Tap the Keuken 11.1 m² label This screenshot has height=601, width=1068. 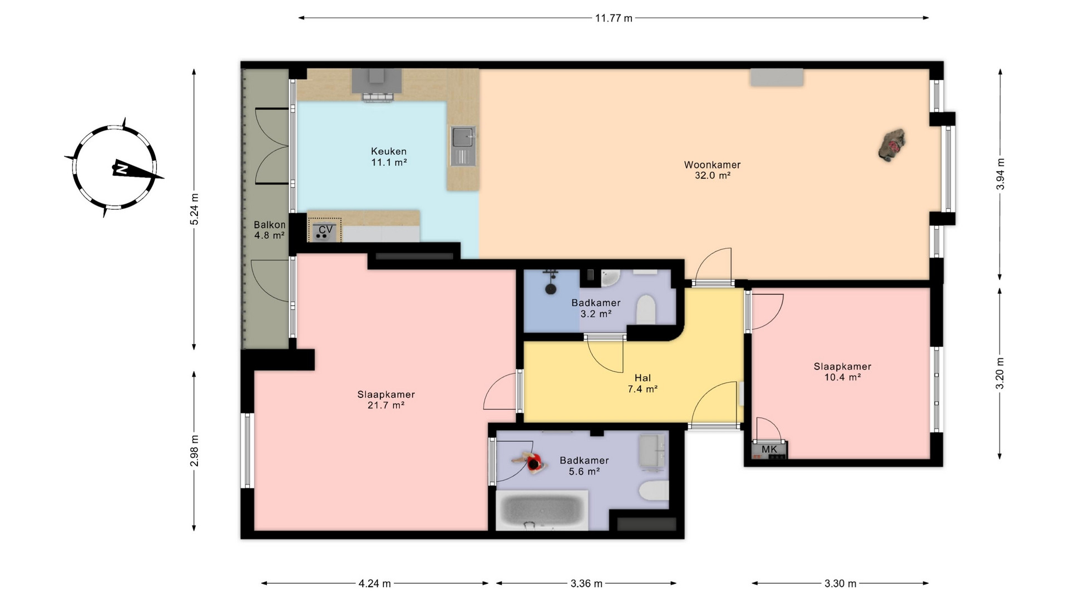(x=389, y=157)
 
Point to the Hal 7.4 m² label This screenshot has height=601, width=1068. (x=642, y=383)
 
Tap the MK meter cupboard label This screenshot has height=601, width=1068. (x=769, y=449)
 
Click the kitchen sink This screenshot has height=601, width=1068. (x=463, y=146)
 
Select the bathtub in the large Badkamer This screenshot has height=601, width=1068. (x=542, y=510)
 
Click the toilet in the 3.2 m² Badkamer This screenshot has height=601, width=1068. (x=646, y=309)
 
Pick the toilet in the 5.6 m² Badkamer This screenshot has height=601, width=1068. (x=654, y=491)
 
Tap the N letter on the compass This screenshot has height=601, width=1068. (x=121, y=169)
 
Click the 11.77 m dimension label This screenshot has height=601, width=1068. (x=614, y=18)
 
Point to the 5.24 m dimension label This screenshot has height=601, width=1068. (x=194, y=209)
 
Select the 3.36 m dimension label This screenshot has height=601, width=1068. (x=586, y=583)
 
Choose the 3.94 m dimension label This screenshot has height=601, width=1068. (x=1000, y=174)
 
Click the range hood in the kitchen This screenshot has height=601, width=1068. (x=377, y=85)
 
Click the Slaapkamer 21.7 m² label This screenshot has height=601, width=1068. (x=386, y=400)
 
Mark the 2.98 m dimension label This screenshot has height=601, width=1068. (x=194, y=451)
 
